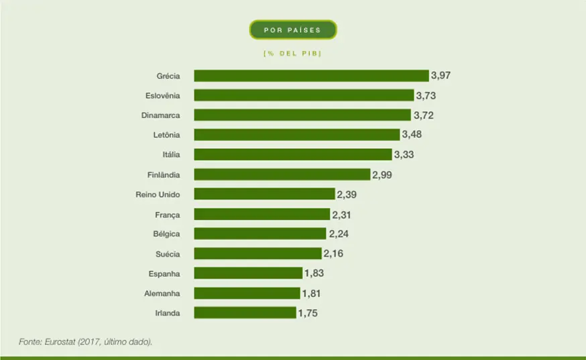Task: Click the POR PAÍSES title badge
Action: [x=293, y=30]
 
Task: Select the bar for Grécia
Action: [x=311, y=76]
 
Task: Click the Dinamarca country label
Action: [x=160, y=115]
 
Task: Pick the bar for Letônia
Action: [x=297, y=135]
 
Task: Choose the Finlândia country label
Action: [x=164, y=175]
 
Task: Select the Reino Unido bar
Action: [x=264, y=194]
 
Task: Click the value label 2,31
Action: [x=341, y=215]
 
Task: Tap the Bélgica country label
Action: [x=166, y=234]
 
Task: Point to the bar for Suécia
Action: [x=258, y=253]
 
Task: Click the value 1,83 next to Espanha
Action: [x=314, y=274]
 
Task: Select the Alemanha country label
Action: [x=162, y=293]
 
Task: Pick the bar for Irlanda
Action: [x=245, y=312]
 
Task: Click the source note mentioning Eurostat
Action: [x=86, y=342]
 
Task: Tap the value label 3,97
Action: [x=441, y=76]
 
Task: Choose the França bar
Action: [x=263, y=215]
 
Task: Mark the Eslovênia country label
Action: [x=162, y=96]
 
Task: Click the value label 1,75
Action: [x=308, y=313]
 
